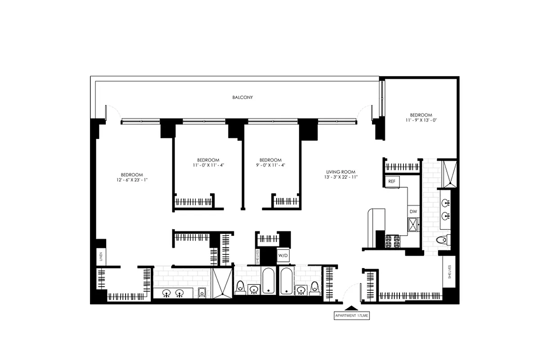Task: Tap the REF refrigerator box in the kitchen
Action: (391, 181)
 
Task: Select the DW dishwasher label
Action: (413, 211)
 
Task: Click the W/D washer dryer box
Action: (282, 256)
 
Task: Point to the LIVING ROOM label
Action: (341, 171)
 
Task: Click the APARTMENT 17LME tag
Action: (351, 316)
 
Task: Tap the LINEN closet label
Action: (101, 257)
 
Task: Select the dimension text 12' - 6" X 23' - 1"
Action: (131, 180)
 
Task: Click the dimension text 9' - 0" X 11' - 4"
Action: (270, 165)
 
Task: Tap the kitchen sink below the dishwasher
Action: (413, 224)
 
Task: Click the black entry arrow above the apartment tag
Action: (351, 308)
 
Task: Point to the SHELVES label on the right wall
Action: (449, 272)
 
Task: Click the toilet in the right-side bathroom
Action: (442, 240)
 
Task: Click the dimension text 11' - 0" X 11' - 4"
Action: (208, 165)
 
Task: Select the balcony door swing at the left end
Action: (112, 112)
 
